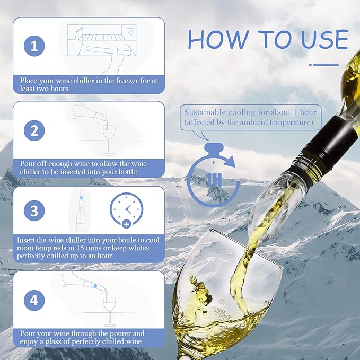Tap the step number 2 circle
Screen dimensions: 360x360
click(x=34, y=131)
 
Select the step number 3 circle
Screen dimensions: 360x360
click(x=34, y=212)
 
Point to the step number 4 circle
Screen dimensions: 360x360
click(x=34, y=301)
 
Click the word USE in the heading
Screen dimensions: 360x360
click(x=321, y=40)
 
